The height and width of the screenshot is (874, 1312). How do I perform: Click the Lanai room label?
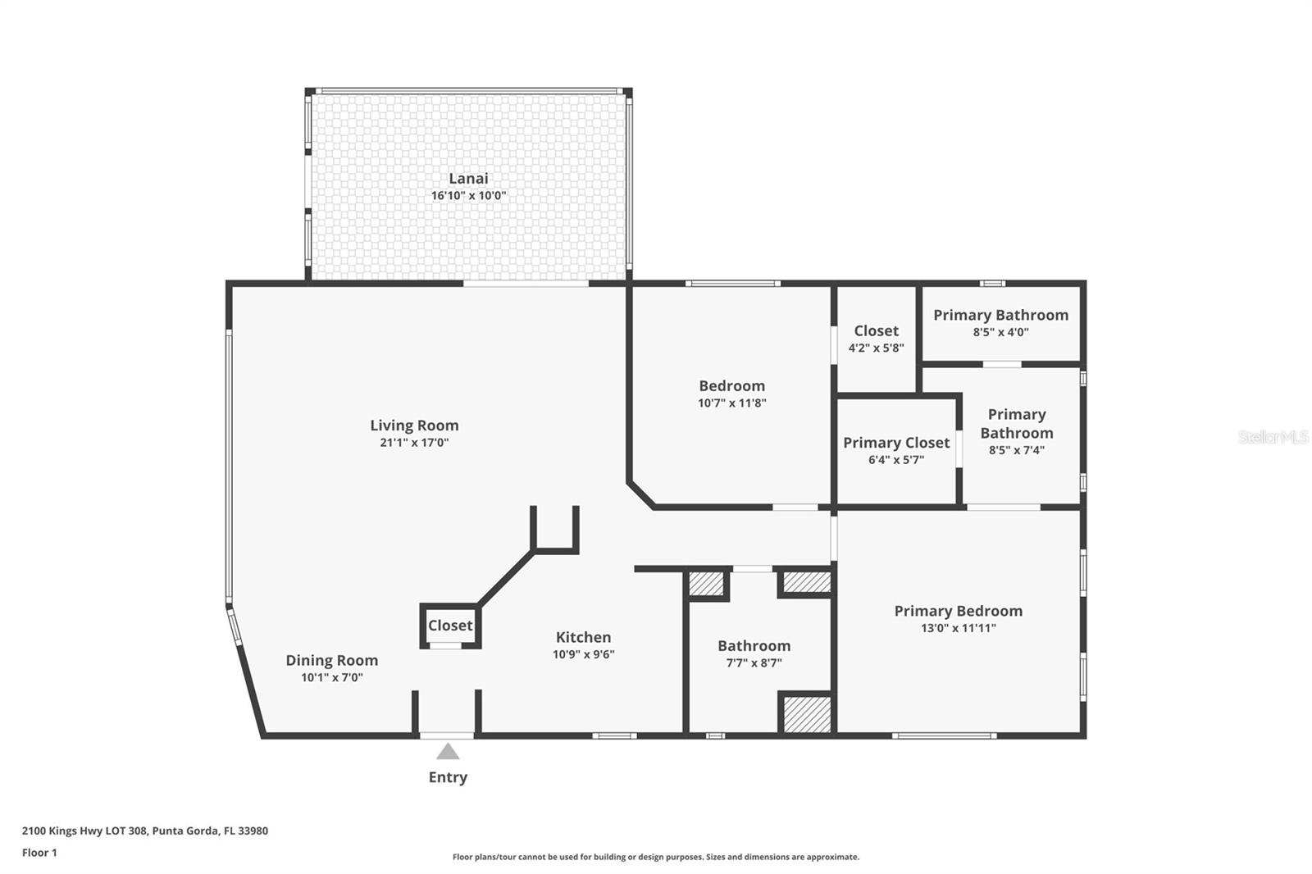(x=468, y=178)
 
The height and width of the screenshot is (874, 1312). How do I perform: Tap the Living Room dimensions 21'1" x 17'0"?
(x=414, y=442)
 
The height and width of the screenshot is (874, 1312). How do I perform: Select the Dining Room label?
(x=331, y=661)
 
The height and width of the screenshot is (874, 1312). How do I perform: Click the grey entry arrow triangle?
(x=448, y=751)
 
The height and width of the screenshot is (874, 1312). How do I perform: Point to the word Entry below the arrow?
(x=448, y=777)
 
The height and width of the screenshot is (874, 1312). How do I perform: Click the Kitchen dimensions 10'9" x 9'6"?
(x=583, y=654)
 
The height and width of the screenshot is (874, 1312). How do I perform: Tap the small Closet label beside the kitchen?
(x=450, y=626)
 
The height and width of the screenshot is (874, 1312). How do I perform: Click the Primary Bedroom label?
(x=959, y=611)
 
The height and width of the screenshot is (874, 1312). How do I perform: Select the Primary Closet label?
(x=896, y=443)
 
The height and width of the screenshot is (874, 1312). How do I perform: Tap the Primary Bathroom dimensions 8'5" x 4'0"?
(x=1000, y=332)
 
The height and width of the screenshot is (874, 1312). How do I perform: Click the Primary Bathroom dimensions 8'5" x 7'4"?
(x=1017, y=450)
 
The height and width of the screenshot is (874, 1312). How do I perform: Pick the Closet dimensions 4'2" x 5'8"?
(x=877, y=348)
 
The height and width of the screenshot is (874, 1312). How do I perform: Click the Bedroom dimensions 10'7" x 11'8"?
(x=731, y=403)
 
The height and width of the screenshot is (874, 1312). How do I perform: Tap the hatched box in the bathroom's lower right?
(x=807, y=714)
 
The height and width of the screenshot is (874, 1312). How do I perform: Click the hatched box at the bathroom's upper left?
(x=705, y=584)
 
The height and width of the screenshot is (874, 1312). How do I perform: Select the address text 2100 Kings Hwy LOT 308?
(x=84, y=831)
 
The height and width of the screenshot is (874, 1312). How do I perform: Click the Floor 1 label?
(x=39, y=853)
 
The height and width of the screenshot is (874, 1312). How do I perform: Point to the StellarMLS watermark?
(x=1273, y=437)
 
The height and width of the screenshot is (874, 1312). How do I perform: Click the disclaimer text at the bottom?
(x=655, y=857)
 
